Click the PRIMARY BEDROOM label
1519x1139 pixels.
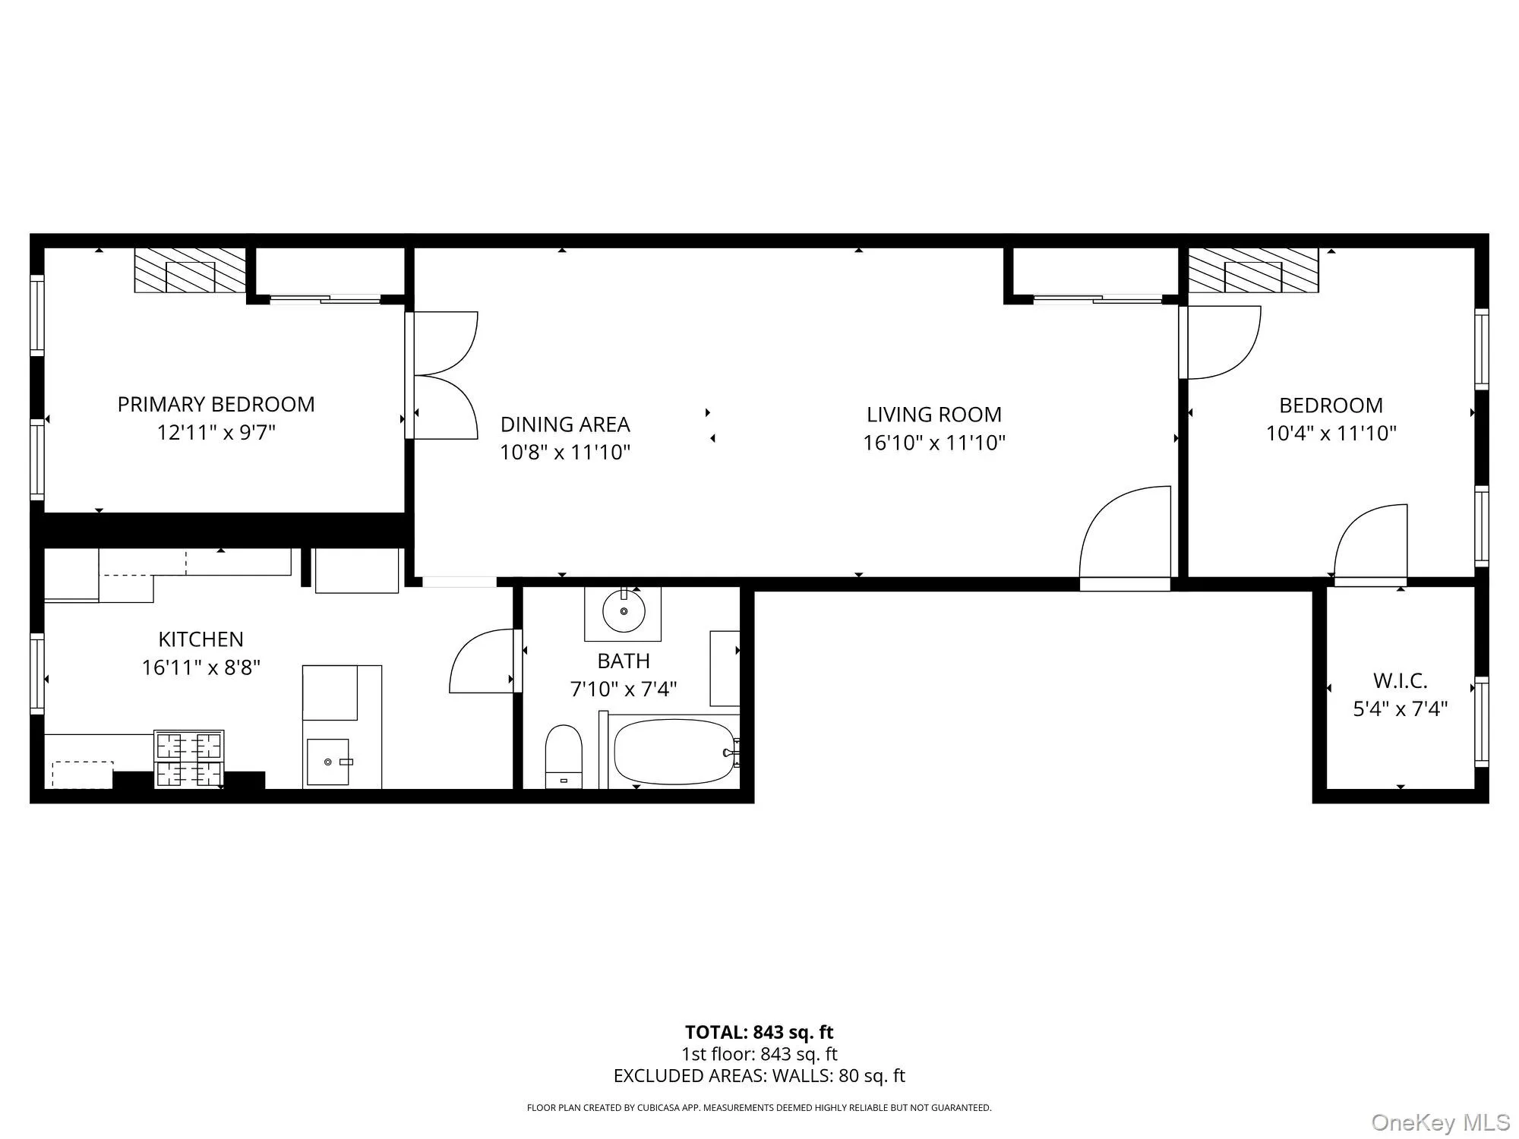click(x=216, y=404)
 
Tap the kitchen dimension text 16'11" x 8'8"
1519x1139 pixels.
click(x=201, y=667)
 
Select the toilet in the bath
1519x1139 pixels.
click(x=564, y=756)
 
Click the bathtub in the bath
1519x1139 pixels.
click(x=674, y=752)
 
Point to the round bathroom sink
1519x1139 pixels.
click(x=624, y=611)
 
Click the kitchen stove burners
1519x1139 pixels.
click(x=189, y=759)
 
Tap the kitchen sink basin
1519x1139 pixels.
click(x=328, y=762)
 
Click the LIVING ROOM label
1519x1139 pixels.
click(x=933, y=415)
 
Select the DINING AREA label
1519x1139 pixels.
click(x=565, y=424)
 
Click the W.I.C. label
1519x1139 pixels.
click(x=1400, y=680)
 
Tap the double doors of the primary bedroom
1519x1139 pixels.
click(x=444, y=375)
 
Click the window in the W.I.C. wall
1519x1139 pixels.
click(x=1481, y=721)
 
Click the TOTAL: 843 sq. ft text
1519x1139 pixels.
click(x=759, y=1032)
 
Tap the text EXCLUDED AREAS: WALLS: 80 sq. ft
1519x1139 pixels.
click(x=759, y=1076)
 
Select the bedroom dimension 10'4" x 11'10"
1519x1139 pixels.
click(x=1331, y=433)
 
